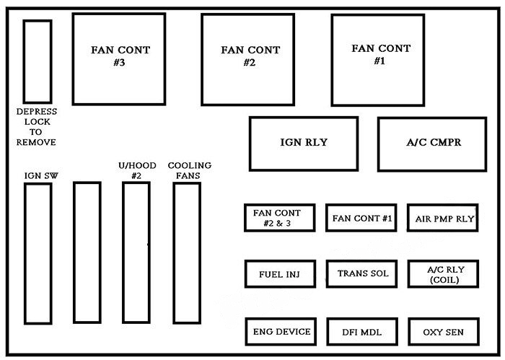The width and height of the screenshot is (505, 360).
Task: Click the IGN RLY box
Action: (303, 144)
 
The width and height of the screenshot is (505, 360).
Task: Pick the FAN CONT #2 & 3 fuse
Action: (279, 217)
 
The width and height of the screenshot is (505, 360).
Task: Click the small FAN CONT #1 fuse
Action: (361, 217)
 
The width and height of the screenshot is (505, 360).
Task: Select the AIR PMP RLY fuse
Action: (442, 217)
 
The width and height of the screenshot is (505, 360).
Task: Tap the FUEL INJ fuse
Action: (279, 274)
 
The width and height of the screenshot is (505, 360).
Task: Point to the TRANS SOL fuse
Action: (361, 274)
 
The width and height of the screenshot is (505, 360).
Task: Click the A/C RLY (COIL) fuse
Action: (442, 274)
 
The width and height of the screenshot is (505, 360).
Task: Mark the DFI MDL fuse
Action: (361, 331)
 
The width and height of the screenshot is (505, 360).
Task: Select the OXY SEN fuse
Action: (442, 331)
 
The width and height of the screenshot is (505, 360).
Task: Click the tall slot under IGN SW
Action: (38, 253)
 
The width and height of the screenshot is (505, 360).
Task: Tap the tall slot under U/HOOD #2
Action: (136, 253)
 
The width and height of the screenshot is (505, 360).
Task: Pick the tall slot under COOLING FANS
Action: (185, 253)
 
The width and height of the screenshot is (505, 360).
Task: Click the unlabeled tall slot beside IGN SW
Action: (87, 253)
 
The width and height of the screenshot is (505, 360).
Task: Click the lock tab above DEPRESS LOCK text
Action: (38, 61)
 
